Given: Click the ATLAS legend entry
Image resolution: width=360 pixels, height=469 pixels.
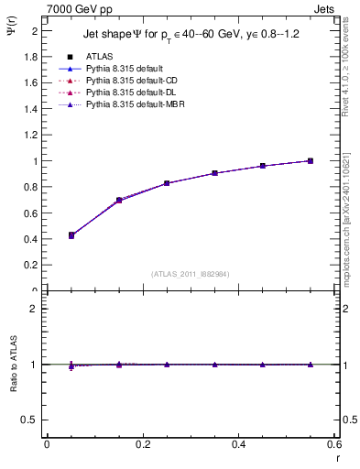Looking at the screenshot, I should pos(100,56).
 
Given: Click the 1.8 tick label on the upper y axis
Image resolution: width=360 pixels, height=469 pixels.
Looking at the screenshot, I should pos(31,57).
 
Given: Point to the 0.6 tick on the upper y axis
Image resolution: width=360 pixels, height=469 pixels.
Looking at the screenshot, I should pos(31,213).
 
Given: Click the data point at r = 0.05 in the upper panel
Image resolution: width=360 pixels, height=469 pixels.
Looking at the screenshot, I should pos(71,235).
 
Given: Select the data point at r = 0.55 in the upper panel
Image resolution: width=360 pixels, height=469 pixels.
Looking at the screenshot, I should pos(311,161).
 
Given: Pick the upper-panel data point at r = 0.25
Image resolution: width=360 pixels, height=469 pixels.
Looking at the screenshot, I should pos(167,183).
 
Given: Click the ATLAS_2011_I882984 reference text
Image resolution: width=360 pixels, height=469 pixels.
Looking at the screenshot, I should pos(190,274).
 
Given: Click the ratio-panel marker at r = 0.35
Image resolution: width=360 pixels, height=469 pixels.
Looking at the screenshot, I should pos(214,365).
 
